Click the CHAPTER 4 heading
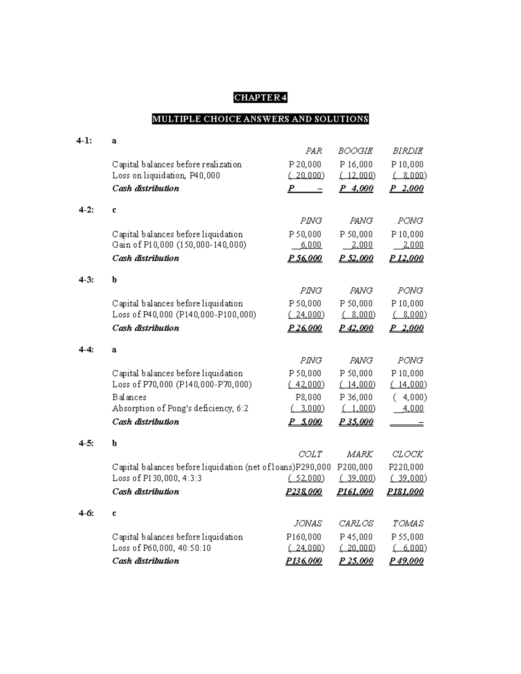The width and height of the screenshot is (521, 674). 260,98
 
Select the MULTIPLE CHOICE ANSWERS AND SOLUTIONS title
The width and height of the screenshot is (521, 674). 260,119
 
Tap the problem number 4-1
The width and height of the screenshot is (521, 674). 84,141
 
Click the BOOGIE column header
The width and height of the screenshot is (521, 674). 355,151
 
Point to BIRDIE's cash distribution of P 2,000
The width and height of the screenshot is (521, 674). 406,188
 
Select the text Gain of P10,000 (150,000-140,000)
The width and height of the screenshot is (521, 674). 179,245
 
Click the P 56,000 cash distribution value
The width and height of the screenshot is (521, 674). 305,258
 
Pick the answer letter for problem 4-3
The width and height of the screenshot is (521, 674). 114,280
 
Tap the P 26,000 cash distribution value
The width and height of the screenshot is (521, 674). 305,328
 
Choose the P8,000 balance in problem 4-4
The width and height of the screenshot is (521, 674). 308,398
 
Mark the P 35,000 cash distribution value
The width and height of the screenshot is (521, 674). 356,422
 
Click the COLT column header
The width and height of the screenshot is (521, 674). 310,454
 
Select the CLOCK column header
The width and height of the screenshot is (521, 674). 407,454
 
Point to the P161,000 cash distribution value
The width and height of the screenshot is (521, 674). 355,492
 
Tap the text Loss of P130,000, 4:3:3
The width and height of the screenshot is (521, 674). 157,478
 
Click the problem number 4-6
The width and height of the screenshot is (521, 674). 86,513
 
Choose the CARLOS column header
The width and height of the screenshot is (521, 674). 356,524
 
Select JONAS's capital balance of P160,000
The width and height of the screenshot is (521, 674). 304,537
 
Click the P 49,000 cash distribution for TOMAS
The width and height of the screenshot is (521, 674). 406,561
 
